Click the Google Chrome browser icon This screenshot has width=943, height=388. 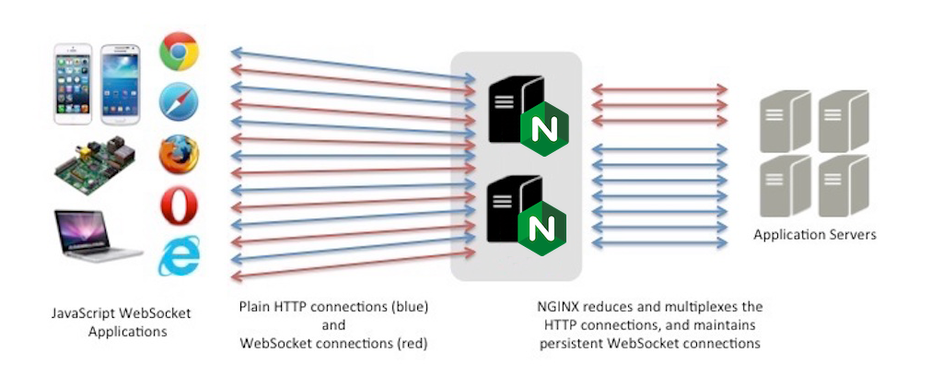click(x=179, y=52)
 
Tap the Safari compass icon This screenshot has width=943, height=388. click(x=179, y=102)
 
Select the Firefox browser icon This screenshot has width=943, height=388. click(x=179, y=154)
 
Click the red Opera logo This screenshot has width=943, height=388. click(x=179, y=206)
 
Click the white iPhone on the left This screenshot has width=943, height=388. click(x=75, y=84)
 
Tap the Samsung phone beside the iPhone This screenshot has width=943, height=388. click(x=119, y=84)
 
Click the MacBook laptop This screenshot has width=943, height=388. click(x=98, y=236)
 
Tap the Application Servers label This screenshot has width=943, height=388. click(x=815, y=235)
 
